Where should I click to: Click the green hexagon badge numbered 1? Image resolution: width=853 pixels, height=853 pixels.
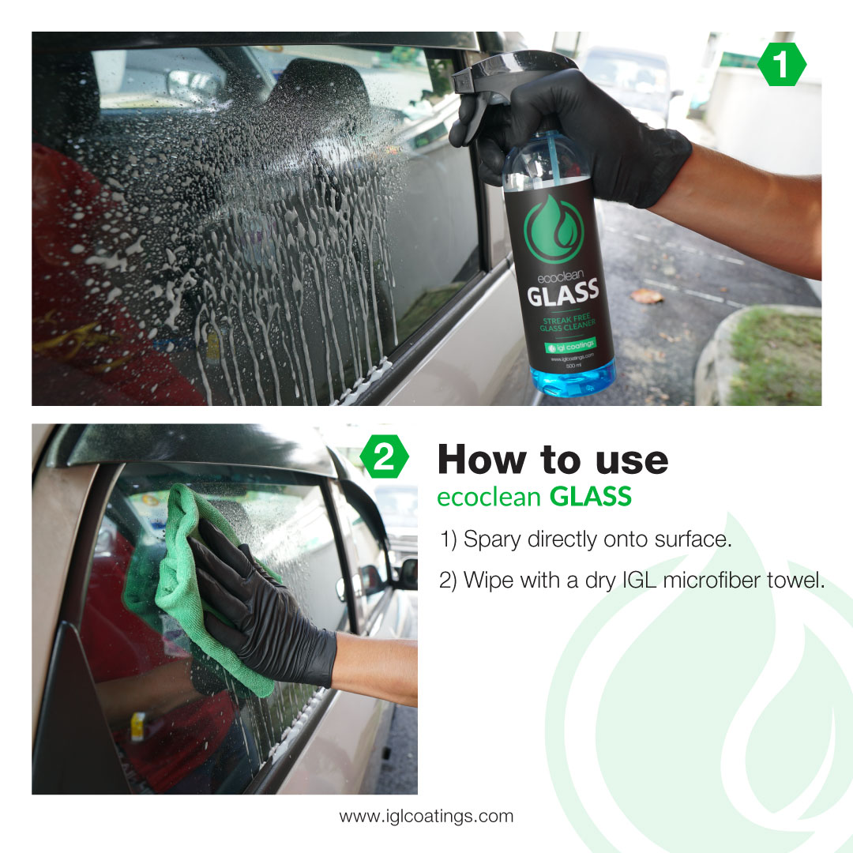tap(782, 66)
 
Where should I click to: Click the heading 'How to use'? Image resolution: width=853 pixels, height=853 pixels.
tap(552, 459)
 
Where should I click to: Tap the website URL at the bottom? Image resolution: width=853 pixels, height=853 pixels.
tap(426, 816)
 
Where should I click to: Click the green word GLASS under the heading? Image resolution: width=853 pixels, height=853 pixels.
tap(591, 497)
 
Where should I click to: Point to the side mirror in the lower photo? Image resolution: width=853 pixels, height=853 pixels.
tap(408, 573)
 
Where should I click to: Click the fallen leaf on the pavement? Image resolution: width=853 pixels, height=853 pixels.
tap(647, 295)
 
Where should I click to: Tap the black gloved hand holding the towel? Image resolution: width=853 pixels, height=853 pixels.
tap(253, 600)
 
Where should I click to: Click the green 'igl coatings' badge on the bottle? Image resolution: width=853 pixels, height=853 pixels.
tap(571, 346)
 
